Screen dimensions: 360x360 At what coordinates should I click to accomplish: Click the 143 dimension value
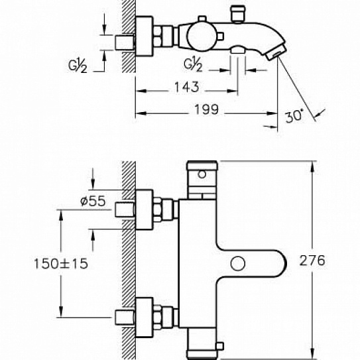187,87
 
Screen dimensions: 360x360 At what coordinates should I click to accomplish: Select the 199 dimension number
207,109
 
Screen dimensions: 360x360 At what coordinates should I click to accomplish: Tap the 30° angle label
294,116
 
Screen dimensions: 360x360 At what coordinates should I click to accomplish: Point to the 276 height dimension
312,261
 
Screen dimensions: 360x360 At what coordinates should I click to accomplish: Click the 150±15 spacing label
61,263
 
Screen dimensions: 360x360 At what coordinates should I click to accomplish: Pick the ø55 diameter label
93,201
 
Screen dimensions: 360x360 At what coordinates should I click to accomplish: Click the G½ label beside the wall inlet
78,66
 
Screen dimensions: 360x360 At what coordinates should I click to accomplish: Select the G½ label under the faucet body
193,64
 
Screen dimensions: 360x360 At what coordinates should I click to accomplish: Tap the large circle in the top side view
199,37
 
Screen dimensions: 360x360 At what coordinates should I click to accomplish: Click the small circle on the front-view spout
238,263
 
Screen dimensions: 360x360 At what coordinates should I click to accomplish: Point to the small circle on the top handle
202,174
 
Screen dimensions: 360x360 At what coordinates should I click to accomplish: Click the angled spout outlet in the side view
276,52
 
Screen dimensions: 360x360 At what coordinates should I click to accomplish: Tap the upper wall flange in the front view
144,210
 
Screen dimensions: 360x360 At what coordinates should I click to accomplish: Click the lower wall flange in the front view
144,318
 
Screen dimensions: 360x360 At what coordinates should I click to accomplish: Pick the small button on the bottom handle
220,347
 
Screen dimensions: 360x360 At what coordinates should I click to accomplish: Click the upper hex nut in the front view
157,210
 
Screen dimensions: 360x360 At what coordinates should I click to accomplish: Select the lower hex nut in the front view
157,318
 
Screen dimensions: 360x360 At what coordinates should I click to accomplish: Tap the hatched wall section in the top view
129,36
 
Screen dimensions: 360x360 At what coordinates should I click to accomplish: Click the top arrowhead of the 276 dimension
312,166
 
